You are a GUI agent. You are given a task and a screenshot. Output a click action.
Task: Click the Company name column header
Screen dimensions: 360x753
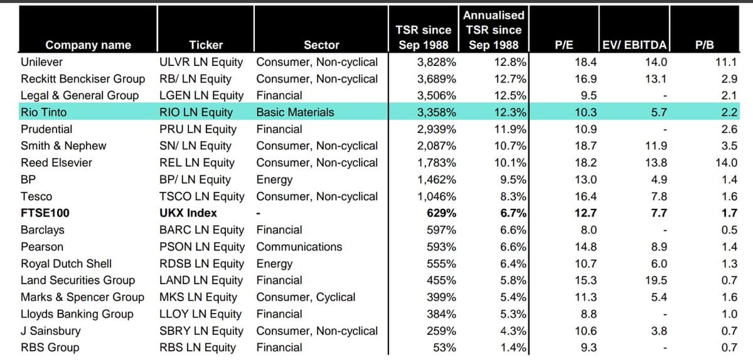[x=88, y=45]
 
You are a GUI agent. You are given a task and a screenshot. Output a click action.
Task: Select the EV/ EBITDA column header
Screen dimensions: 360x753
[x=634, y=45]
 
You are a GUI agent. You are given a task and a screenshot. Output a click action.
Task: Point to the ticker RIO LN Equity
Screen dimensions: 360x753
[x=196, y=112]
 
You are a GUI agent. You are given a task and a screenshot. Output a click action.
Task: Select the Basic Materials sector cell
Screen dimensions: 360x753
[x=295, y=112]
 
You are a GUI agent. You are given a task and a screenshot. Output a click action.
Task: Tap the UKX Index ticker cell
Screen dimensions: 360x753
[x=188, y=213]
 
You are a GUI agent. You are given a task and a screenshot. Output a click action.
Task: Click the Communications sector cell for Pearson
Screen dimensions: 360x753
[x=299, y=246]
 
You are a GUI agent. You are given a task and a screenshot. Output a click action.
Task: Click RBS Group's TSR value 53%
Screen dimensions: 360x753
[x=444, y=347]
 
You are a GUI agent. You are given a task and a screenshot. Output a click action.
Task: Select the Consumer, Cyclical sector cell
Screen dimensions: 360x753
[x=306, y=297]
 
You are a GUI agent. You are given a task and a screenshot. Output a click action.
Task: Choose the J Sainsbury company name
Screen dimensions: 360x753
[x=51, y=331]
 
